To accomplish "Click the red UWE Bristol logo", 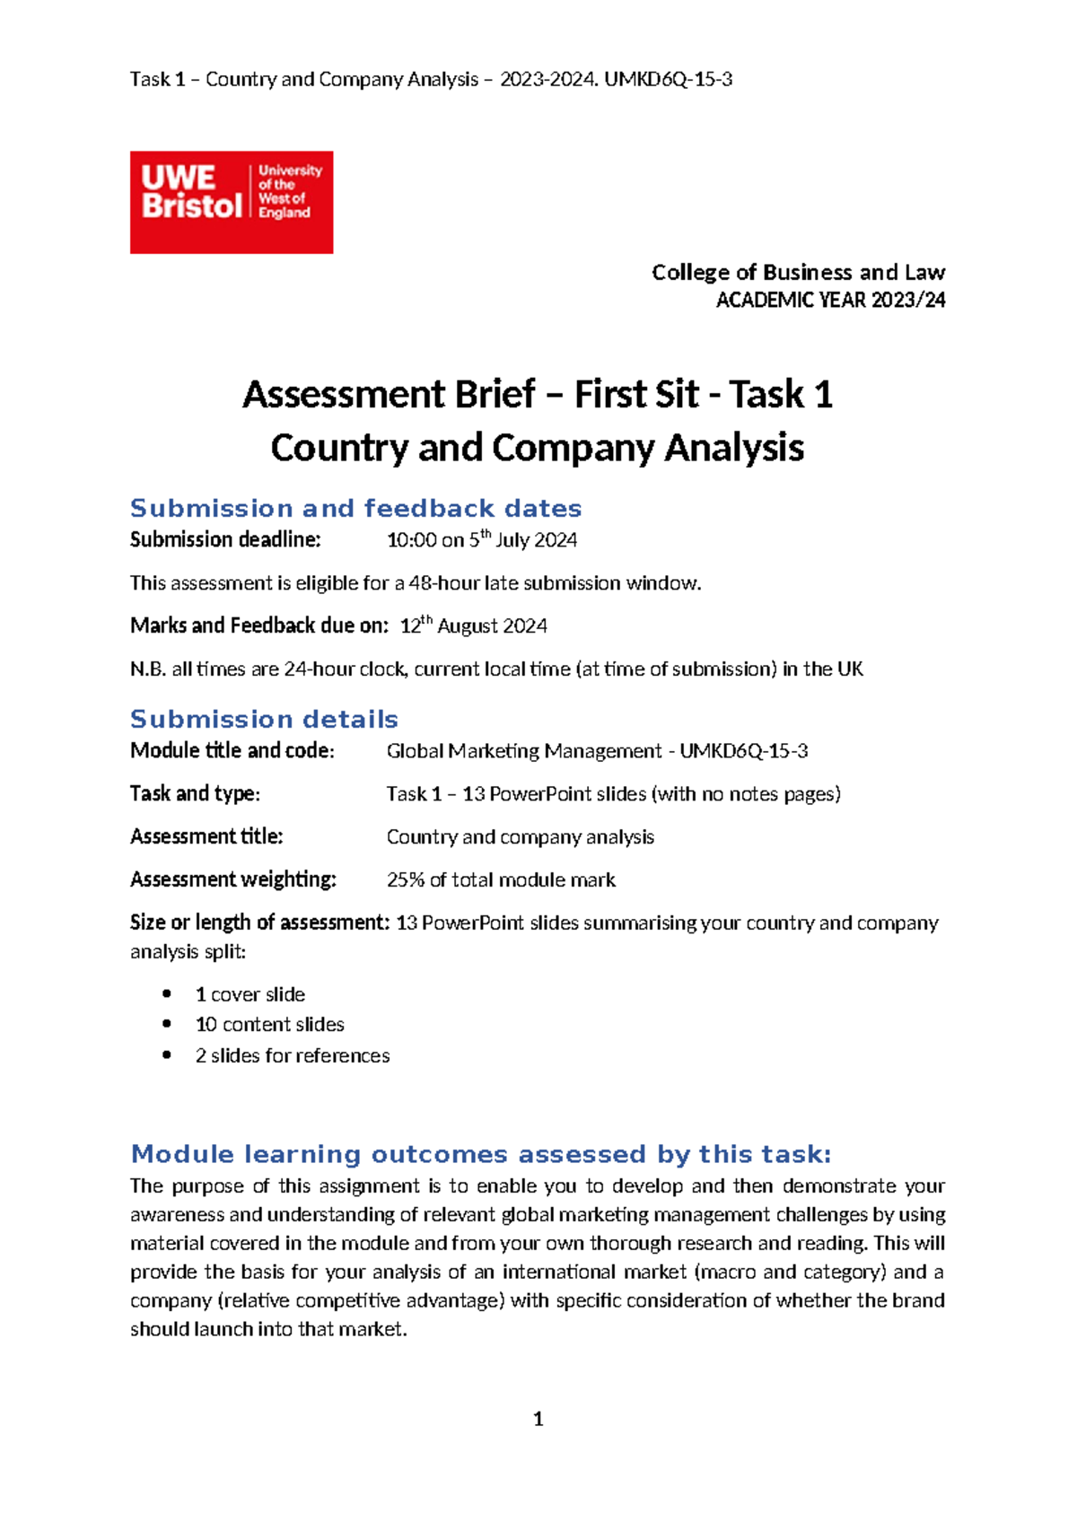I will pos(231,202).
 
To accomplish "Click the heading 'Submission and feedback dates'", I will pos(355,509).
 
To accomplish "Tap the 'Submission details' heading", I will pos(264,720).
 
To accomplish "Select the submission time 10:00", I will pos(411,540).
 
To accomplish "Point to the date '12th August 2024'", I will pos(473,626).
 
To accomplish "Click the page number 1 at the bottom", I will pos(538,1419).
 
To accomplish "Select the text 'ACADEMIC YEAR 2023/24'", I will pos(830,301).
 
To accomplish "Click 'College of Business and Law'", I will pos(798,272).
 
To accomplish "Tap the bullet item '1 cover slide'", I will pos(250,994).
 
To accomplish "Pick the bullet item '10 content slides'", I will pos(269,1025).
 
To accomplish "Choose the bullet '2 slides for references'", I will pos(293,1056).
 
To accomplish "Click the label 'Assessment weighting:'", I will pos(232,879).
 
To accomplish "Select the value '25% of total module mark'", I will pos(501,880).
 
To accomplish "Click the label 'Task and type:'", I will pos(195,793).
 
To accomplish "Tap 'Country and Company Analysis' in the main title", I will pos(537,448).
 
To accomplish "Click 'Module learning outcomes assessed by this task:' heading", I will pos(481,1154).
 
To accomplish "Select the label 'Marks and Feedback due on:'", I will pos(259,625).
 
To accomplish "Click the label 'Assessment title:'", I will pos(206,836).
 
